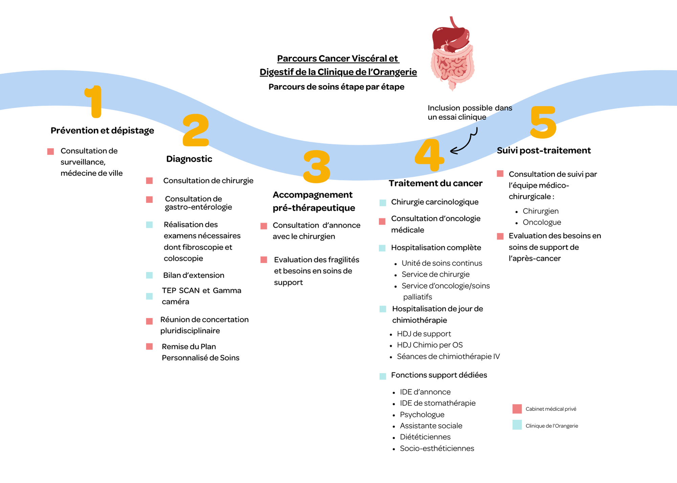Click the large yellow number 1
click(94, 101)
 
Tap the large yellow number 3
click(316, 166)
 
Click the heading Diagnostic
click(189, 159)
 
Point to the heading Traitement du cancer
click(435, 183)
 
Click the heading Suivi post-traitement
click(544, 151)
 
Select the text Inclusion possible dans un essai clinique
click(469, 112)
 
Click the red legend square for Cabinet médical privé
click(517, 409)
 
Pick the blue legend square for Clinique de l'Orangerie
click(517, 425)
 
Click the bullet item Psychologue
click(422, 415)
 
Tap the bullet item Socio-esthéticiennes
click(437, 448)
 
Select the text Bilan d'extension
click(194, 275)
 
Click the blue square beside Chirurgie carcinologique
click(383, 203)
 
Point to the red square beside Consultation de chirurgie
click(149, 181)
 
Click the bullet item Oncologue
click(542, 223)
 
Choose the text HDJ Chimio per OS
click(430, 345)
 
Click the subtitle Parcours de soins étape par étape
click(336, 87)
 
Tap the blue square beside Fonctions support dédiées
click(383, 376)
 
